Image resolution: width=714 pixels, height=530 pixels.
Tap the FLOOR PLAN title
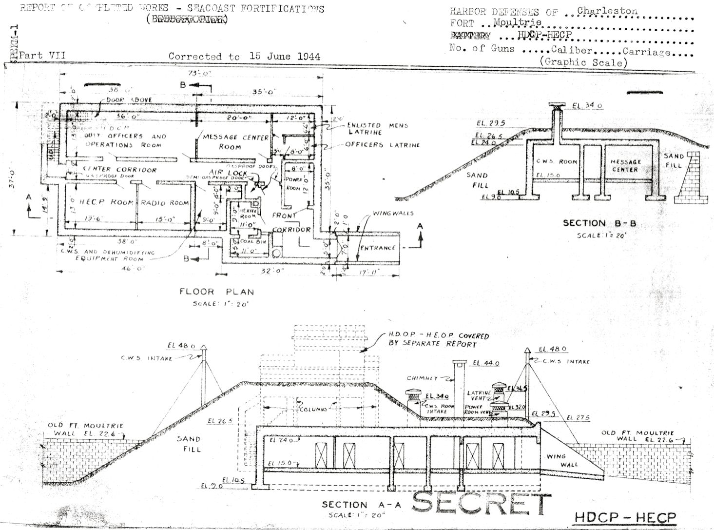(x=217, y=292)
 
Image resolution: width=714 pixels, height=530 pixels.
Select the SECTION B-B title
(x=599, y=223)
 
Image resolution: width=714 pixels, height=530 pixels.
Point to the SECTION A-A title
(x=361, y=505)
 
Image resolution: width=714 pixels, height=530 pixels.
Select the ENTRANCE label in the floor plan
(x=378, y=248)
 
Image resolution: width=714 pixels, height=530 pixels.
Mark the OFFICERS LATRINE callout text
(x=382, y=145)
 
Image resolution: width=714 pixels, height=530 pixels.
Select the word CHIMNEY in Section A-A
(x=422, y=378)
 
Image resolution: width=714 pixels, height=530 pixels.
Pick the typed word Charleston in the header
(x=607, y=11)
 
